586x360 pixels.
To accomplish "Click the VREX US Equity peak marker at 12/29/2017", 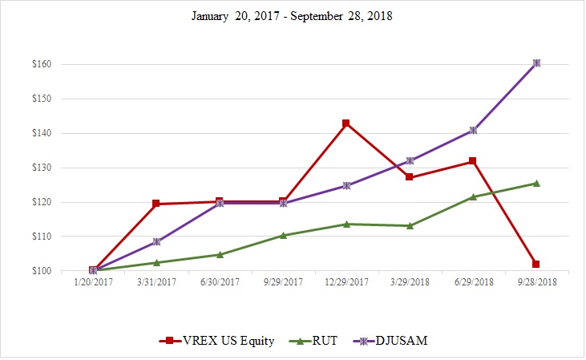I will point(346,123).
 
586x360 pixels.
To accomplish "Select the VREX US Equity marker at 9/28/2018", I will point(535,264).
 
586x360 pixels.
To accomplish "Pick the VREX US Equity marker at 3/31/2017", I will point(156,204).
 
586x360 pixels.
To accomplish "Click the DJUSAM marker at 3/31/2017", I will point(156,241).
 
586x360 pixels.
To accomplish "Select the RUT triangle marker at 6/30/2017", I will point(220,254).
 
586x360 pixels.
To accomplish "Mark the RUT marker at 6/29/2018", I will point(473,196).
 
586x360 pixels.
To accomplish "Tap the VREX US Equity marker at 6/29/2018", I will point(473,161).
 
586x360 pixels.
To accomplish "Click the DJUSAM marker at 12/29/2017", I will point(346,185).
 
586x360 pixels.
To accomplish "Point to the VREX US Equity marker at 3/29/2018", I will point(410,177).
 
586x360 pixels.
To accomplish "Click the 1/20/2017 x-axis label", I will point(93,283).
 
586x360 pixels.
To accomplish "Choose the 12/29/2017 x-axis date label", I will point(346,283).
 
